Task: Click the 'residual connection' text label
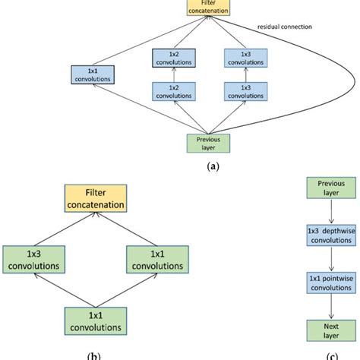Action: tap(285, 27)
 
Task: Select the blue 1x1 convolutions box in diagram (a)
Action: tap(93, 74)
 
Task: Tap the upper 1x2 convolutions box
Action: tap(174, 58)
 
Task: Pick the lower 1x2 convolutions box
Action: tap(174, 91)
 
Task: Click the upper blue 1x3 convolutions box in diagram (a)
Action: tap(246, 58)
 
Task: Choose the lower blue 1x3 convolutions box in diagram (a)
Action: tap(246, 91)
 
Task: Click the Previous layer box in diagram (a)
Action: tap(208, 144)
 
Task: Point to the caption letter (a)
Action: tap(213, 166)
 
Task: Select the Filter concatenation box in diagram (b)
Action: tap(96, 198)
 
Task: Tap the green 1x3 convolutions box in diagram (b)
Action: tap(34, 260)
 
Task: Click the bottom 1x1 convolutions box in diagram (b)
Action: tap(96, 321)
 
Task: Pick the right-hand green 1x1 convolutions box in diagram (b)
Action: tap(157, 260)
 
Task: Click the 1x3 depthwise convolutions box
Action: tap(331, 235)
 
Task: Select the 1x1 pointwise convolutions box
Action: tap(331, 283)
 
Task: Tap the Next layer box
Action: tap(331, 330)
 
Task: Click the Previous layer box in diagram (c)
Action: tap(331, 188)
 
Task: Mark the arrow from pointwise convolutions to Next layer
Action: tap(331, 307)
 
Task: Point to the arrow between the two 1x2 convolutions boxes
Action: tap(174, 74)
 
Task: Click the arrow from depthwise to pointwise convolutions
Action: tap(331, 259)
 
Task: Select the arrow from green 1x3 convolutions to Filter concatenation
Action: tap(65, 229)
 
